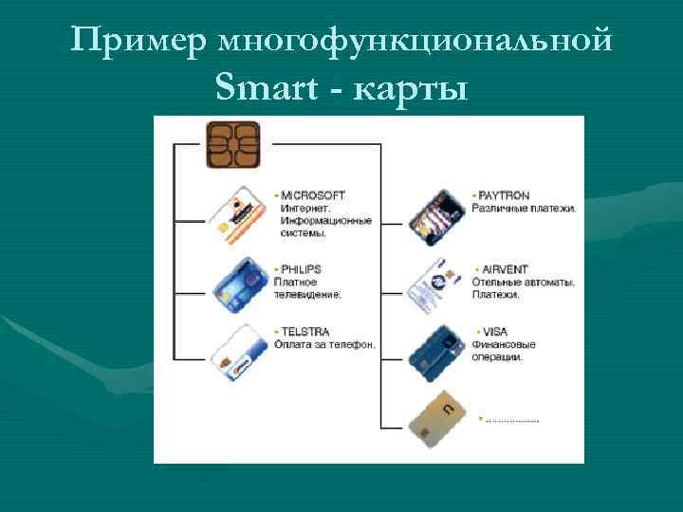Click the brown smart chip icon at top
231,145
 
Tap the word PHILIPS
302,269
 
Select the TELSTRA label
305,332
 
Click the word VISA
494,332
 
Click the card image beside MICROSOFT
238,213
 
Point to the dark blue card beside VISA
436,349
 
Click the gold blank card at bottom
437,417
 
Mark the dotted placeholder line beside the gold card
511,418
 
